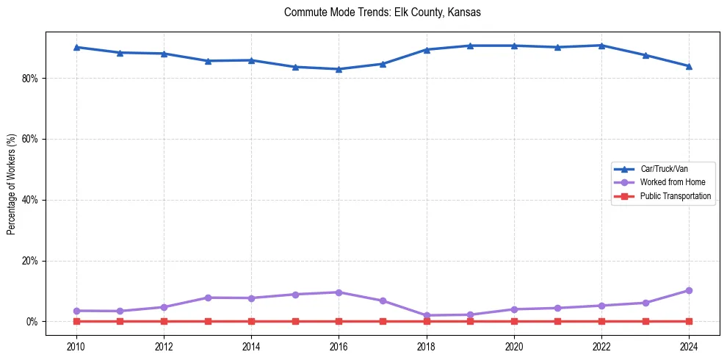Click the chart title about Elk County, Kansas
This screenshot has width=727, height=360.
(382, 12)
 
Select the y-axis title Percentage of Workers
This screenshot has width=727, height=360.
(12, 184)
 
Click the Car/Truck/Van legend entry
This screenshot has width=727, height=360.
(664, 169)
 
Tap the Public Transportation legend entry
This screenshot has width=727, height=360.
(675, 196)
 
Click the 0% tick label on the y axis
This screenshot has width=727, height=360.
(32, 322)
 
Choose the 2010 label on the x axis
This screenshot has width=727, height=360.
(76, 347)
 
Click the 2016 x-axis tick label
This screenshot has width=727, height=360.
(339, 347)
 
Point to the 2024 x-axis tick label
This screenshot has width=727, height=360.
(689, 347)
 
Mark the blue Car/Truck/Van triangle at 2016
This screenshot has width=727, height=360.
(339, 69)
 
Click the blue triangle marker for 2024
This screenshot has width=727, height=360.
(689, 66)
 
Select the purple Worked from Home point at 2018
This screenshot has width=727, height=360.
(427, 315)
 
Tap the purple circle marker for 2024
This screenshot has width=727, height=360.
(689, 290)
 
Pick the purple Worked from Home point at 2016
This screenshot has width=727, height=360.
(339, 292)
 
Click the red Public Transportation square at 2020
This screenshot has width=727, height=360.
(514, 321)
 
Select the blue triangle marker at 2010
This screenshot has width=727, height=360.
(76, 47)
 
